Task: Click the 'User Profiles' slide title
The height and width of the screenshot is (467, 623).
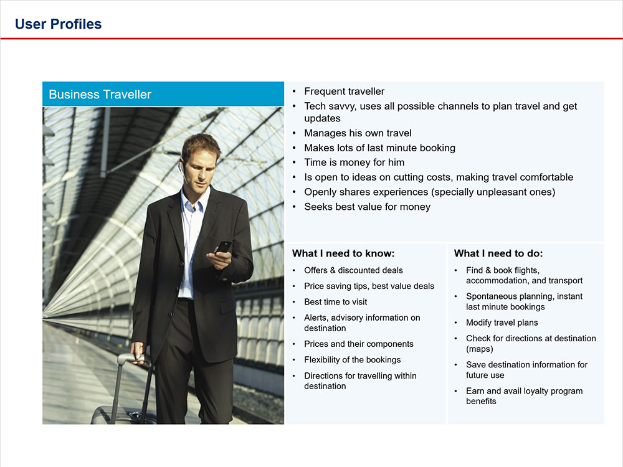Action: (58, 24)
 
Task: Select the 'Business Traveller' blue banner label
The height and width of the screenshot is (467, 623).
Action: (100, 95)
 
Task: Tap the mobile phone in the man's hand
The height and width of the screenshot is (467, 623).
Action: (224, 247)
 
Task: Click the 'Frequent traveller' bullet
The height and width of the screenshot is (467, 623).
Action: (344, 92)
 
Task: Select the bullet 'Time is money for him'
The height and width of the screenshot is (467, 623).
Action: (354, 163)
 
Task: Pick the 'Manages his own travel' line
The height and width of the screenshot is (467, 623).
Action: (358, 133)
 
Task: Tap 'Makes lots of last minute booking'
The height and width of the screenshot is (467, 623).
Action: (379, 148)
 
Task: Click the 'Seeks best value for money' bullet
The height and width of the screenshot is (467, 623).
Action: (367, 207)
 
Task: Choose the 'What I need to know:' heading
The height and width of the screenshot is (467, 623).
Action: (343, 253)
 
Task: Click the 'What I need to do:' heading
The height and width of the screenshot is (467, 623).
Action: (498, 253)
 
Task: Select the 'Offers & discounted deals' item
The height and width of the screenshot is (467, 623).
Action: (353, 270)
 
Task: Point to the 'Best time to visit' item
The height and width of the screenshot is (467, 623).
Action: (335, 302)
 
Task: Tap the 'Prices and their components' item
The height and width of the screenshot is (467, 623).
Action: (358, 344)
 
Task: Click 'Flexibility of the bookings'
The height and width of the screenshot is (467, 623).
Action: (352, 360)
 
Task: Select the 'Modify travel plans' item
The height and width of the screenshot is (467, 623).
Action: (502, 323)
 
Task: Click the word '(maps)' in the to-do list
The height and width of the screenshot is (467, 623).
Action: (480, 349)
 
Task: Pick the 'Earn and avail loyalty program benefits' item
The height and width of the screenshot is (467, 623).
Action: (524, 396)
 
